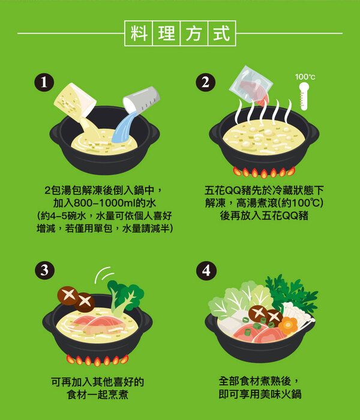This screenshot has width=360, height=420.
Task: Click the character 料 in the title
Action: pyautogui.click(x=139, y=33)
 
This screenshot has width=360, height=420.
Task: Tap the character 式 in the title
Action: pyautogui.click(x=221, y=33)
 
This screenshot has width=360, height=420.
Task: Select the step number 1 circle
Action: pyautogui.click(x=44, y=82)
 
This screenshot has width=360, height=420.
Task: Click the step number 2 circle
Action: pyautogui.click(x=205, y=82)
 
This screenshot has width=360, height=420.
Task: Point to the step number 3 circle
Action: pyautogui.click(x=45, y=270)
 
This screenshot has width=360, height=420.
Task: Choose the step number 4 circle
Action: pyautogui.click(x=206, y=270)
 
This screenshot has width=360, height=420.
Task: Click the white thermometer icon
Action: pyautogui.click(x=304, y=96)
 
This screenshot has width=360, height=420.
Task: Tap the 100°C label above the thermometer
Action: pyautogui.click(x=305, y=77)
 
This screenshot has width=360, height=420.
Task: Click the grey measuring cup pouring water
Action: pyautogui.click(x=142, y=100)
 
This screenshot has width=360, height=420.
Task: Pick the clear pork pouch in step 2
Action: pyautogui.click(x=250, y=85)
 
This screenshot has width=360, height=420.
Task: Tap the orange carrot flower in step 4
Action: pyautogui.click(x=288, y=325)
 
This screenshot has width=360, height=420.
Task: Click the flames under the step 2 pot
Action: pyautogui.click(x=264, y=173)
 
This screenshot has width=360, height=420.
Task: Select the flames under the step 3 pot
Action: pyautogui.click(x=97, y=360)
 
